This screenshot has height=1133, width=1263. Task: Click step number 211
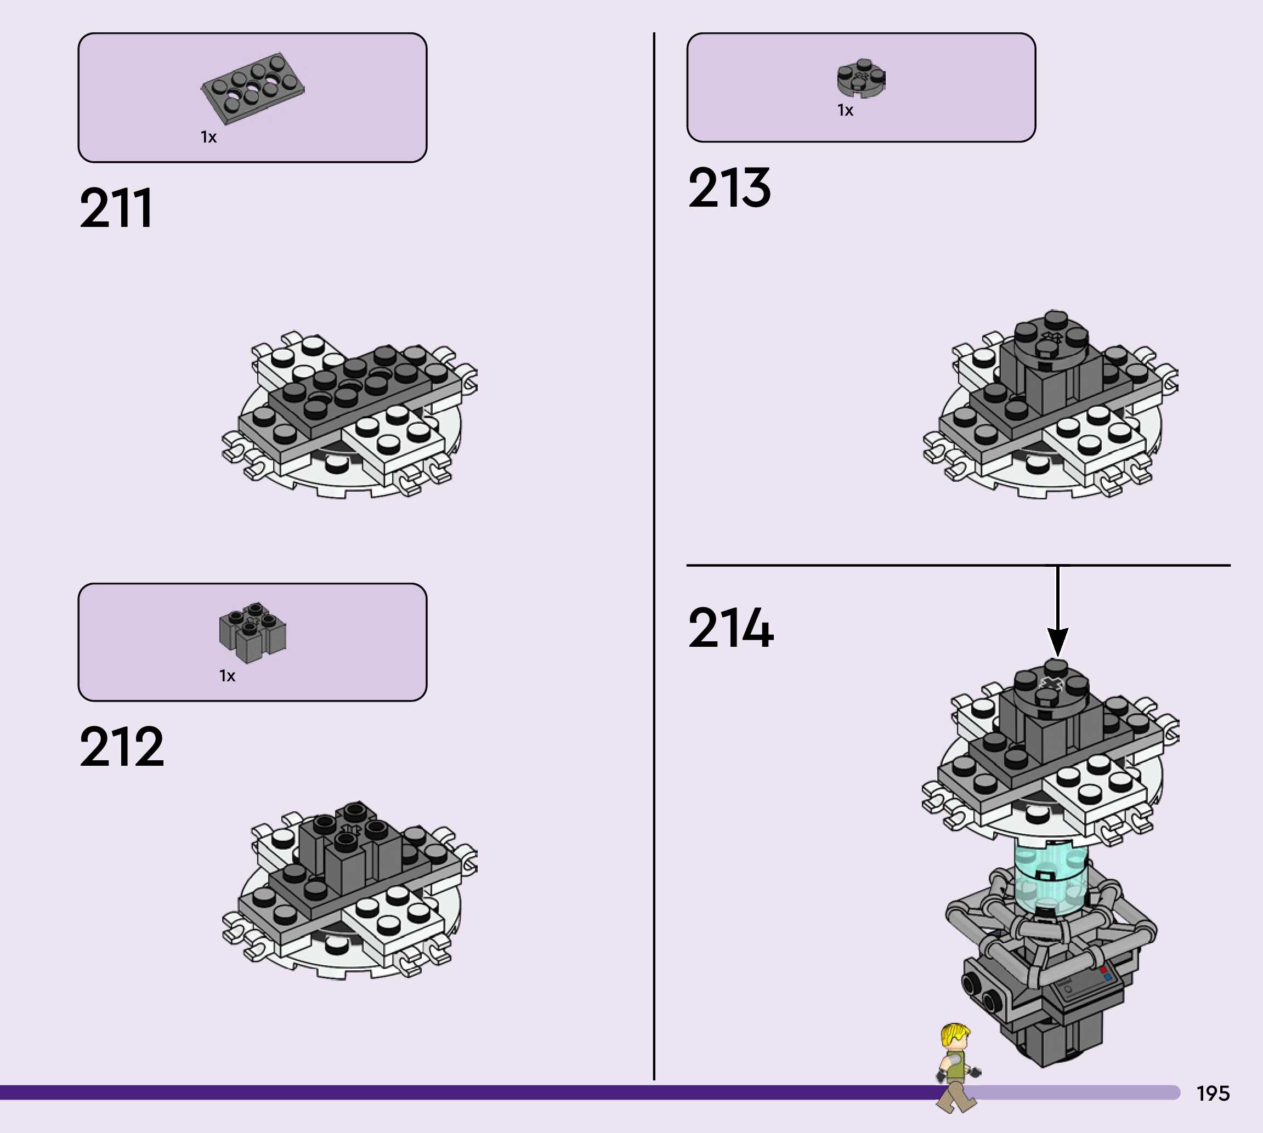click(116, 208)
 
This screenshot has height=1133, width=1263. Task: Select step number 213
click(729, 187)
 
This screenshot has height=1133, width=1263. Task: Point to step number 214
click(730, 628)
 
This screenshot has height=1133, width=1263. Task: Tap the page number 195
click(1213, 1094)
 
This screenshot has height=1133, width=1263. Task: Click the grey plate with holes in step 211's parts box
click(253, 87)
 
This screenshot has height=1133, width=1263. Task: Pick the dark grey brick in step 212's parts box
click(253, 631)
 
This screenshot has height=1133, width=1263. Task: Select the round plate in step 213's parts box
click(862, 78)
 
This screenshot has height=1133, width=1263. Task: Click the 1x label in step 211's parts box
click(208, 137)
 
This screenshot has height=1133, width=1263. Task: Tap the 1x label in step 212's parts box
click(227, 676)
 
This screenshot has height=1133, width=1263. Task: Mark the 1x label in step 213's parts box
click(845, 110)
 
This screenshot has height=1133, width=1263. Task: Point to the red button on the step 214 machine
click(1103, 969)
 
